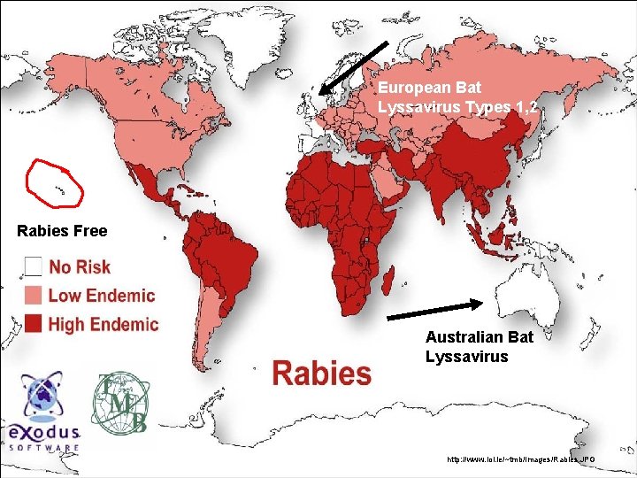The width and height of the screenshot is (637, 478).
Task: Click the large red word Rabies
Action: pos(322,373)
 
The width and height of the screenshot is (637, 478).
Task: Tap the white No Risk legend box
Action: pos(34,266)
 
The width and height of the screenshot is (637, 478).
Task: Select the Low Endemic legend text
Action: pos(101,296)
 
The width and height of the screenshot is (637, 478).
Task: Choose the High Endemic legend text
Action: pos(103,324)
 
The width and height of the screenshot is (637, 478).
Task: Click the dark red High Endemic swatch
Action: pos(34,324)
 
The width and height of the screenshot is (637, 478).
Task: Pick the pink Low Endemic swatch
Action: pos(34,296)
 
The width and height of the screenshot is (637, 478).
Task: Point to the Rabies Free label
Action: pos(62,231)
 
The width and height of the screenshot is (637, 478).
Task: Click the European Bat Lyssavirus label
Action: pos(456,98)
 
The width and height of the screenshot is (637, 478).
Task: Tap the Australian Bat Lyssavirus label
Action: pos(479,347)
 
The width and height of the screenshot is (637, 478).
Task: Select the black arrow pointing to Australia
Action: pos(435,309)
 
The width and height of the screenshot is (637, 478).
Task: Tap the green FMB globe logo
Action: pos(121,403)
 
